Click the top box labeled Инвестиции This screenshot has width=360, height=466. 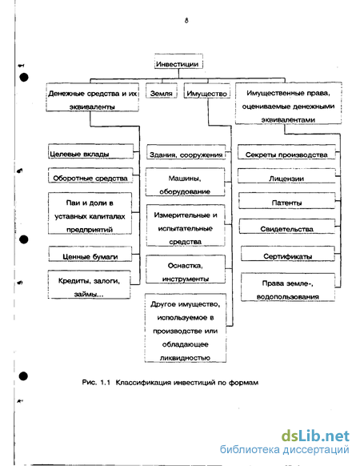click(178, 62)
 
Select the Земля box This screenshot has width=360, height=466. click(162, 90)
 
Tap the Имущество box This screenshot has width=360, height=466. click(207, 90)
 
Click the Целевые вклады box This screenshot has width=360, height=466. click(91, 151)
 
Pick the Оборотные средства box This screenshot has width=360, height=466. click(90, 175)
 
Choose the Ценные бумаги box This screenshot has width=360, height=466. click(90, 254)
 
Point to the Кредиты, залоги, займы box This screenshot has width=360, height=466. click(89, 284)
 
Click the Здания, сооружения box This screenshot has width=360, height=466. click(186, 152)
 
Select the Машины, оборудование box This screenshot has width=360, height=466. click(185, 182)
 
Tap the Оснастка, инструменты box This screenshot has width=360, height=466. click(186, 269)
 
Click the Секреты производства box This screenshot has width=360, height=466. click(286, 152)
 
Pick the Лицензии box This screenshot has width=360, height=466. click(286, 176)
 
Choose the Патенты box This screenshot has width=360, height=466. click(287, 201)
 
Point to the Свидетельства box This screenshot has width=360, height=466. click(287, 226)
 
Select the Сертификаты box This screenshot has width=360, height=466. click(288, 254)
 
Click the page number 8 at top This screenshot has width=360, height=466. click(186, 20)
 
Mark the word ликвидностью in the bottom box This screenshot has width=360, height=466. click(185, 358)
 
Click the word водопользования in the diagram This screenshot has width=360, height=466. click(288, 297)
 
